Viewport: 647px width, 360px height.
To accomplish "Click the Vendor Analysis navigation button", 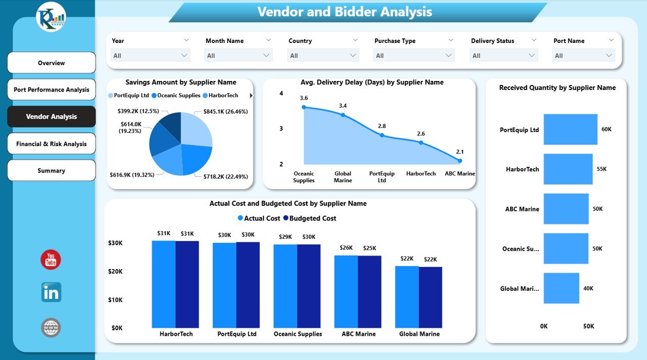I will [x=51, y=116].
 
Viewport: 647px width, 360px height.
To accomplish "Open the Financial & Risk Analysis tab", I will [x=51, y=144].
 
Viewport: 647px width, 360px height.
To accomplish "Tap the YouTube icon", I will [x=51, y=260].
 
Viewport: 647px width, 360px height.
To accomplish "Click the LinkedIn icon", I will [x=51, y=292].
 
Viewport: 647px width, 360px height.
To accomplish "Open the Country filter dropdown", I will [x=323, y=56].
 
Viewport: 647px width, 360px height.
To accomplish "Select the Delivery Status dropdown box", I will [x=504, y=56].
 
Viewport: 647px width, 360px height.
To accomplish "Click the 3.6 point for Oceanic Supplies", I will [x=304, y=107].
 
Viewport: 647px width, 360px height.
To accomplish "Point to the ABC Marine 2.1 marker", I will [x=460, y=161].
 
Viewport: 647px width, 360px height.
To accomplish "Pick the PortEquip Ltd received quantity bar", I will [x=570, y=129].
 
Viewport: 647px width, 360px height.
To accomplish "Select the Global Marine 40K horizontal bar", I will [x=561, y=288].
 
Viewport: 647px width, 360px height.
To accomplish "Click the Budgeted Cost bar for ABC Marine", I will [x=369, y=291].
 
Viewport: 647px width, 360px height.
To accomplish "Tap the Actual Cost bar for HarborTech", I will [x=164, y=284].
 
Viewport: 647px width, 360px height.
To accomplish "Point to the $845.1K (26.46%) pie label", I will [x=225, y=111].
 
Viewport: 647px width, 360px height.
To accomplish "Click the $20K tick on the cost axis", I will [x=115, y=272].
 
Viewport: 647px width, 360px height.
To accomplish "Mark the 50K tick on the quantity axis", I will [x=588, y=326].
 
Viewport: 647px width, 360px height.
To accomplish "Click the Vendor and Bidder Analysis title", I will [x=345, y=12].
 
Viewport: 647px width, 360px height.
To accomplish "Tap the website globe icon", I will [x=51, y=328].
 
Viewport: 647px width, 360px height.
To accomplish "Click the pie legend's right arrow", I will [x=251, y=95].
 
